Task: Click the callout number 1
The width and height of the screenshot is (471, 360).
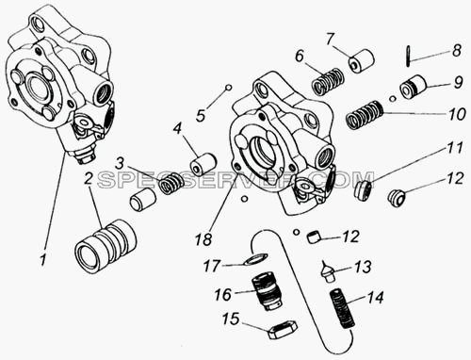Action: point(42,260)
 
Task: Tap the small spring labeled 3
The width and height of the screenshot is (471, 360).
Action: point(171,183)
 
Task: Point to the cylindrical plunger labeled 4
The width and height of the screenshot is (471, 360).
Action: point(203,163)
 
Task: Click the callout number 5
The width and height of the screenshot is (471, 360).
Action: point(200,115)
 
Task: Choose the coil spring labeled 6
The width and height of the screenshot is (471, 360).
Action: point(328,81)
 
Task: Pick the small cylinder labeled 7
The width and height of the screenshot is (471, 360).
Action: point(362,61)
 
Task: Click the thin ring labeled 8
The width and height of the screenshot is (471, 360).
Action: point(408,57)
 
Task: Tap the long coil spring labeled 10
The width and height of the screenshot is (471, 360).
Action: point(365,115)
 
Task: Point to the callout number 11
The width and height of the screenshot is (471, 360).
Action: point(454,148)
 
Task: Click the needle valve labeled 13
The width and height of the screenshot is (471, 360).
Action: point(327,270)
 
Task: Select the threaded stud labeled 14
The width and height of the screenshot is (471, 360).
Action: point(343,309)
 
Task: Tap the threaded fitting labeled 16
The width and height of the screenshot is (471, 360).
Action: point(268,289)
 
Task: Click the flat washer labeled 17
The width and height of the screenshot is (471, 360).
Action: point(256,259)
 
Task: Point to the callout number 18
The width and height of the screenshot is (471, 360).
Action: point(203,240)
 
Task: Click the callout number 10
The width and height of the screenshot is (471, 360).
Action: point(457,114)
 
